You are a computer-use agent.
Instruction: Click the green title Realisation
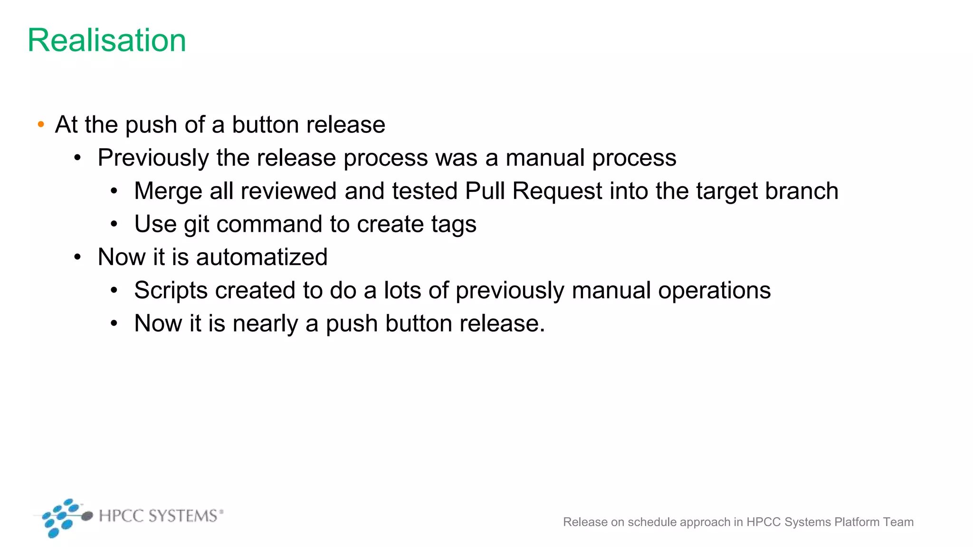coord(107,40)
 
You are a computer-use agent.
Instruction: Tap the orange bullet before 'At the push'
coord(41,125)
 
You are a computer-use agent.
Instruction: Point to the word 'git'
coord(196,225)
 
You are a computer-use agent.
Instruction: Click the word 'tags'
coord(454,225)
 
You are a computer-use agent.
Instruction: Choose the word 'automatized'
coord(262,257)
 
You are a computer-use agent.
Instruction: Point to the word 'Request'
coord(557,191)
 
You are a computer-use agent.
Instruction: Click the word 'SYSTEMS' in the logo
coord(182,516)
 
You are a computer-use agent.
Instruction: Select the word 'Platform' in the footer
coord(857,522)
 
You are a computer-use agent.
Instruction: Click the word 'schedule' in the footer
coord(653,522)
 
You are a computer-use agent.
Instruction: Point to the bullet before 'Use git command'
coord(114,225)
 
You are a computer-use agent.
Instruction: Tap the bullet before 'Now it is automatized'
coord(77,257)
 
